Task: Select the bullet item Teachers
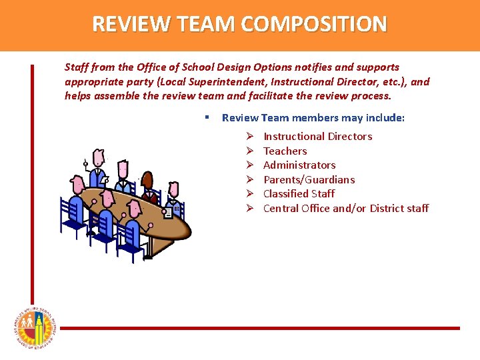285,151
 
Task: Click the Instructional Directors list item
317,137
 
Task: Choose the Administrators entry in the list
299,165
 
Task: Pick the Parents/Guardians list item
309,179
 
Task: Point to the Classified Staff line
299,194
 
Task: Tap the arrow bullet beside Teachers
248,151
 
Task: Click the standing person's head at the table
99,158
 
